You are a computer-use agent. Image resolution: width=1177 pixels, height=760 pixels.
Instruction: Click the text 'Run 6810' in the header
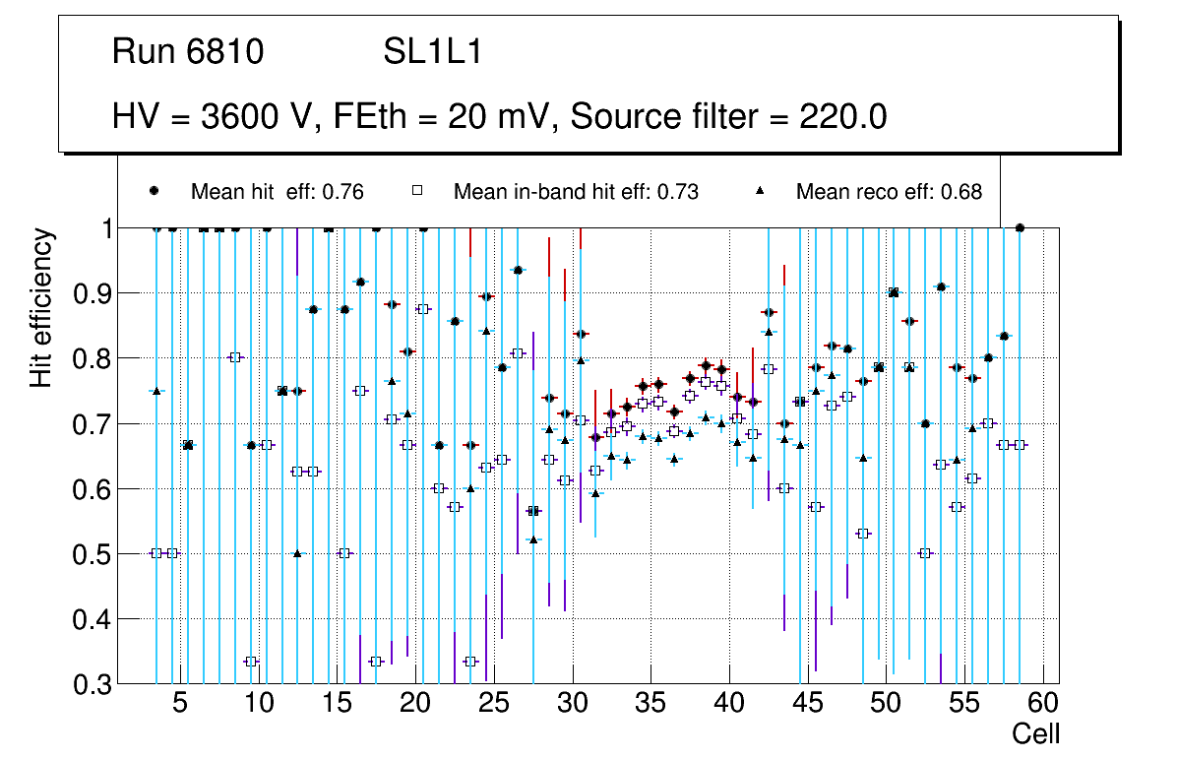pyautogui.click(x=188, y=51)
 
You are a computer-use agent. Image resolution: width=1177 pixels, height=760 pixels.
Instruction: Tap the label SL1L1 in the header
pyautogui.click(x=432, y=51)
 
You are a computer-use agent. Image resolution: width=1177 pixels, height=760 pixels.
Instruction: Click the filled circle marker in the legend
pyautogui.click(x=155, y=191)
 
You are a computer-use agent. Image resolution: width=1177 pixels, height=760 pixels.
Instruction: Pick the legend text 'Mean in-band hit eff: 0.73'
pyautogui.click(x=576, y=192)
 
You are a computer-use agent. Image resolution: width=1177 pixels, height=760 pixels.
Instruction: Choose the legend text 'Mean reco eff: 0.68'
pyautogui.click(x=889, y=192)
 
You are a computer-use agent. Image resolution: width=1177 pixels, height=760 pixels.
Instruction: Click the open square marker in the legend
pyautogui.click(x=417, y=191)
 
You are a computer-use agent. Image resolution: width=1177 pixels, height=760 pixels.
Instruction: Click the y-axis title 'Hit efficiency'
pyautogui.click(x=41, y=308)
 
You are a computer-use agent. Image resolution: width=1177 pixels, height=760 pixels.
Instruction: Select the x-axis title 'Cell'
pyautogui.click(x=1036, y=733)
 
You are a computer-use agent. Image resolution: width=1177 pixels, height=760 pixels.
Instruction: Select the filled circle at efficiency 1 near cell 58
pyautogui.click(x=1020, y=227)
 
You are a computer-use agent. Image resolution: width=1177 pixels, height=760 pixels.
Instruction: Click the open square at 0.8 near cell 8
pyautogui.click(x=234, y=357)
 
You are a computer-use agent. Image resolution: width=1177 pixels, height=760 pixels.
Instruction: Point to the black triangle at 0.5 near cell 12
pyautogui.click(x=297, y=553)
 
